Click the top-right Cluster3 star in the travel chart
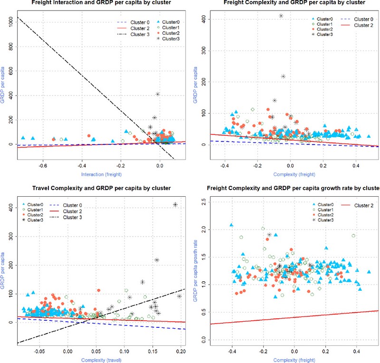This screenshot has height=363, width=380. click(175, 204)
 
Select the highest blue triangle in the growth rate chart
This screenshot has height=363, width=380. click(231, 225)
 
